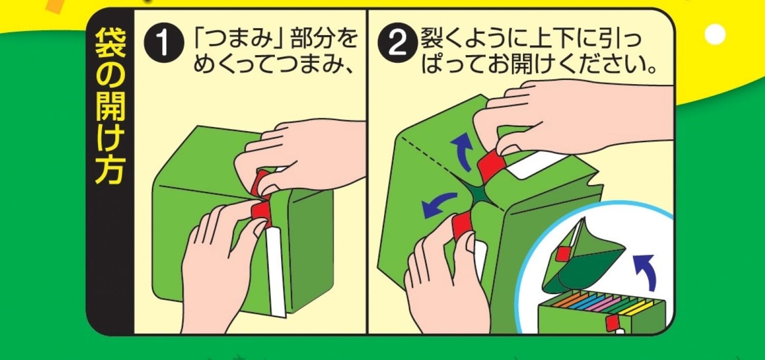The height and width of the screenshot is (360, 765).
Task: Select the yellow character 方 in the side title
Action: pos(110,170)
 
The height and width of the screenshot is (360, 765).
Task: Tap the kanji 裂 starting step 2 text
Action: pos(431,38)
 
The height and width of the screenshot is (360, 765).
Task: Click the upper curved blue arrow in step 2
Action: pos(462,152)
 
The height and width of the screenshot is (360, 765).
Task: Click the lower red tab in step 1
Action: pos(261,212)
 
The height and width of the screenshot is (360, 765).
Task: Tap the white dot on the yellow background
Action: pos(715,34)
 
